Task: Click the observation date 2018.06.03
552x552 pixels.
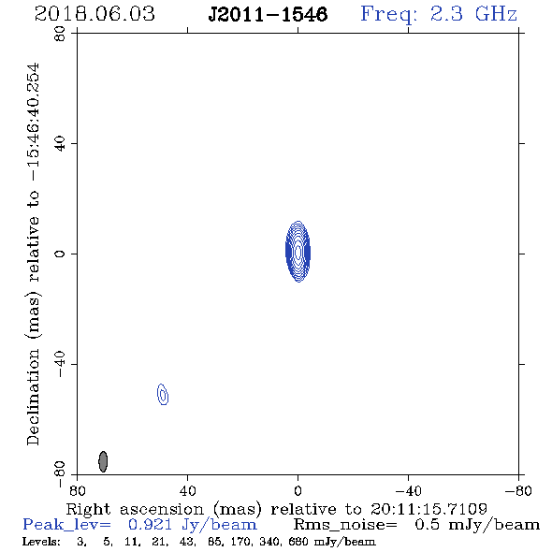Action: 94,14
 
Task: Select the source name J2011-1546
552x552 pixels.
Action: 268,15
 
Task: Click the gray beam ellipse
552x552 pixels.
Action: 103,461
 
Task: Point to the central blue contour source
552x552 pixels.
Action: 298,252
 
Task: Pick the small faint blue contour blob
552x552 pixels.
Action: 163,394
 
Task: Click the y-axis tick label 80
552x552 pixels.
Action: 60,34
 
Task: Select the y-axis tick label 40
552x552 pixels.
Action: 60,144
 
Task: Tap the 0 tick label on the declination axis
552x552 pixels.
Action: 60,254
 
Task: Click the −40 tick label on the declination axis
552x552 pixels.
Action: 60,364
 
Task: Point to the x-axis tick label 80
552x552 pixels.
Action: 77,491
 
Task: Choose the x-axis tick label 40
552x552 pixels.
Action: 187,491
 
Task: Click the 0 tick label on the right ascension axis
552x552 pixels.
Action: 298,491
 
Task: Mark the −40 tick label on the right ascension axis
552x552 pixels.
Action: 408,491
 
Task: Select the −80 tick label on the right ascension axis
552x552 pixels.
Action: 518,491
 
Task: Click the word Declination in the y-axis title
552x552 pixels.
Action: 33,397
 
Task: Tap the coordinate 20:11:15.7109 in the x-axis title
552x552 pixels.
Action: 429,509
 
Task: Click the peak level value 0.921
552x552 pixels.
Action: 151,525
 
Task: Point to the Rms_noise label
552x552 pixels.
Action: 345,525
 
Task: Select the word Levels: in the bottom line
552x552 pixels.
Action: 41,542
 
